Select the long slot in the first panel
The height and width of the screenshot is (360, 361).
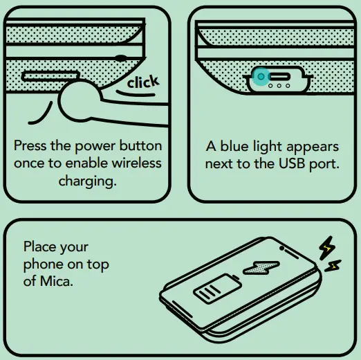tap(50, 74)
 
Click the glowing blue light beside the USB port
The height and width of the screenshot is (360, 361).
tap(260, 77)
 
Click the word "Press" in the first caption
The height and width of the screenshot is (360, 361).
tap(30, 147)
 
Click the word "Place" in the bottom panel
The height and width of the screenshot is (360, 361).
tap(39, 247)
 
